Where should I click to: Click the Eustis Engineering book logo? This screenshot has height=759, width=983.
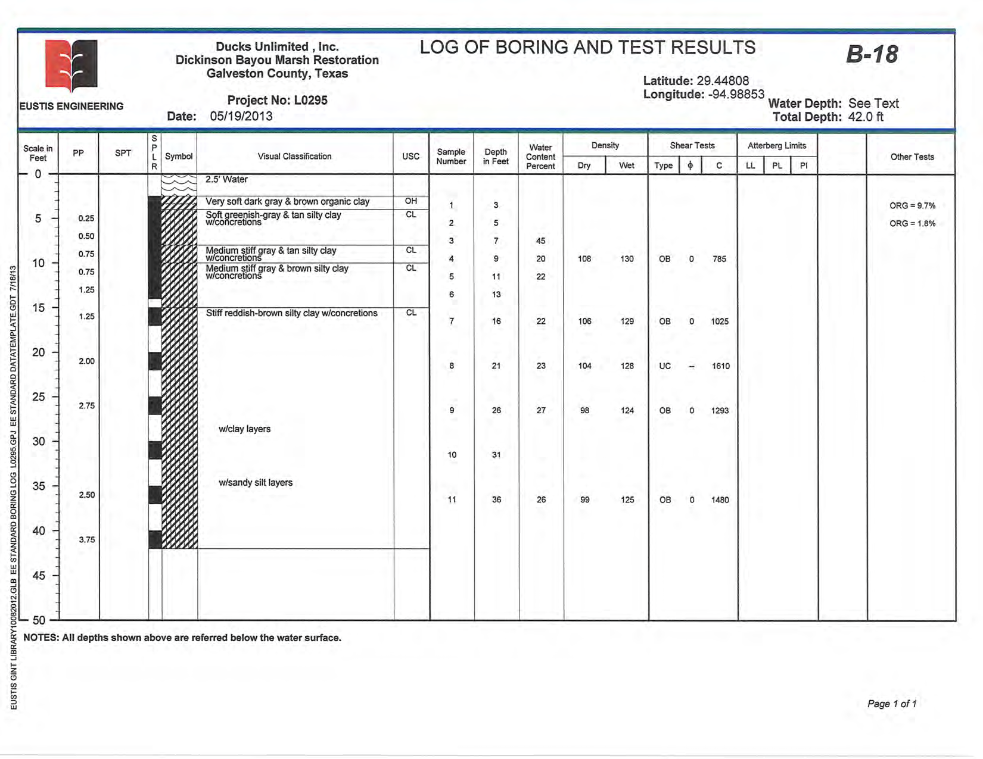[71, 65]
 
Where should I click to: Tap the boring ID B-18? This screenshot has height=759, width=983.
[872, 55]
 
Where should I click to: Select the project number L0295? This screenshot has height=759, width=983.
[310, 100]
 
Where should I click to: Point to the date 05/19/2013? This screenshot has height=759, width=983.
[241, 116]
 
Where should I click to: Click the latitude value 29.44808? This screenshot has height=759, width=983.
[723, 81]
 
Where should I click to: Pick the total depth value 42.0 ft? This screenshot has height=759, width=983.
[866, 117]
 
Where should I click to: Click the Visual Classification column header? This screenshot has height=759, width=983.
[294, 156]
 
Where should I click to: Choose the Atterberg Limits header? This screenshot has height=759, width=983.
[777, 145]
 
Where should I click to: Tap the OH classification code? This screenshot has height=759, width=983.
[411, 201]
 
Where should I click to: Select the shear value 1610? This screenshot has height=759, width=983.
[720, 366]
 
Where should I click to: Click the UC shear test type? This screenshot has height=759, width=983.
[665, 366]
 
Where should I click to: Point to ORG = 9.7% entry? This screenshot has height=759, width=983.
[912, 206]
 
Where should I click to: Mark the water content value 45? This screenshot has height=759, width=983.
[540, 241]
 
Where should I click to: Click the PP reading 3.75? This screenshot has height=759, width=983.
[87, 540]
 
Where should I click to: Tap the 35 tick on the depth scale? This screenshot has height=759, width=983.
[38, 486]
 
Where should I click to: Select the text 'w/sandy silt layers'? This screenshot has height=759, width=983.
[256, 483]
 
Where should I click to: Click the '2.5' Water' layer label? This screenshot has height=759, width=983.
[226, 179]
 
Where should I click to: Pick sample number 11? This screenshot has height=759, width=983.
[452, 500]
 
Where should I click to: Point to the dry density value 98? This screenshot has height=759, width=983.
[584, 411]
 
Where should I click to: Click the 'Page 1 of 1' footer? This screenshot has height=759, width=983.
[891, 704]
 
